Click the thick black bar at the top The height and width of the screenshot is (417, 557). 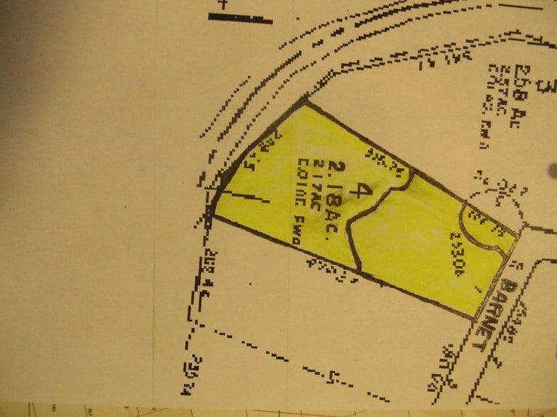(x=240, y=18)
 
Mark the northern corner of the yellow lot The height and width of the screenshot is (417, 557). (x=305, y=102)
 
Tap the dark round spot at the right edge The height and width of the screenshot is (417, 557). (x=552, y=170)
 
